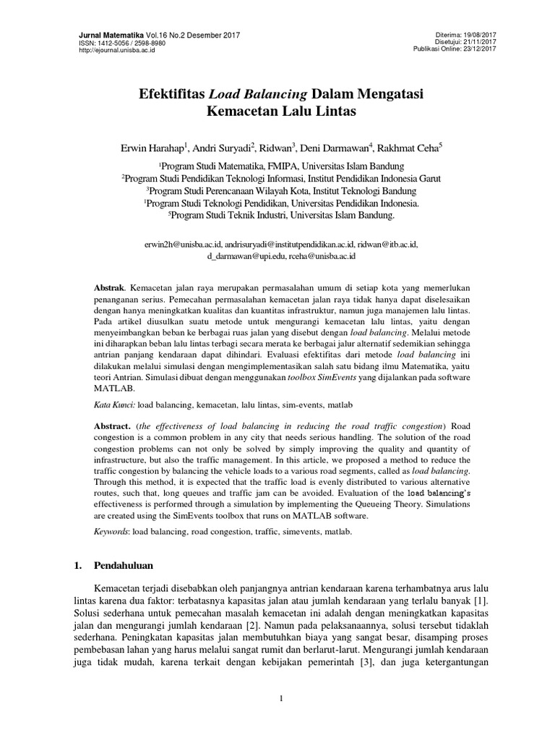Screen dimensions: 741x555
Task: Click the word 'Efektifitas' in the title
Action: click(171, 95)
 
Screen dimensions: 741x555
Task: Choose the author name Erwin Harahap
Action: click(152, 147)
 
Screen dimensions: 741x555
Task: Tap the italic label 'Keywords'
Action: click(112, 531)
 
